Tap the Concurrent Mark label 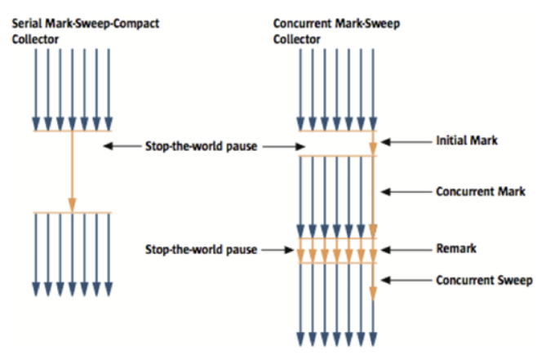pyautogui.click(x=481, y=192)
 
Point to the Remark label pyautogui.click(x=455, y=248)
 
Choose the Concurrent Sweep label pyautogui.click(x=484, y=280)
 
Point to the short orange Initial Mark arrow pyautogui.click(x=373, y=144)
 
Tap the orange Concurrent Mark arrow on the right pyautogui.click(x=373, y=196)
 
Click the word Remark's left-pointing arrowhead pyautogui.click(x=386, y=248)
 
